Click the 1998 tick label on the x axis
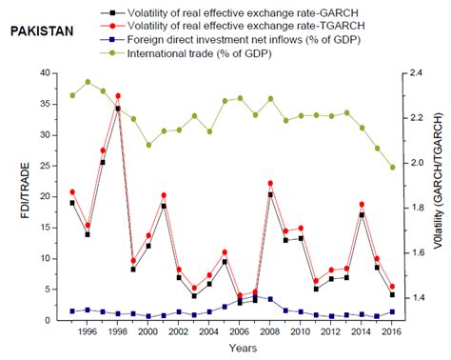coord(117,332)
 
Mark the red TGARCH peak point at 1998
coord(118,96)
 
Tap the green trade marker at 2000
coord(148,145)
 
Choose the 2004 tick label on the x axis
coord(209,332)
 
